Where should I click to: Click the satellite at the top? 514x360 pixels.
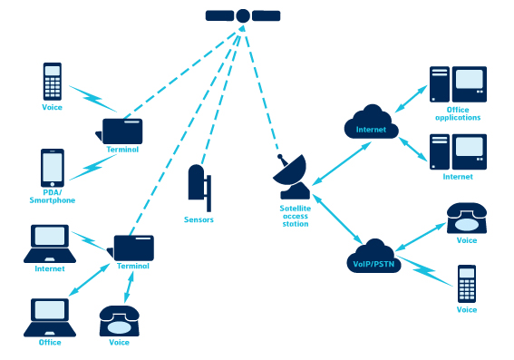243,15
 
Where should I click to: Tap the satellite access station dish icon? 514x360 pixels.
294,176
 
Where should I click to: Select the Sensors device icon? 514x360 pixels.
199,186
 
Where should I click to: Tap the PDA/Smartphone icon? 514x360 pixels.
53,168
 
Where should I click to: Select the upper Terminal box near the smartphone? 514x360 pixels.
122,130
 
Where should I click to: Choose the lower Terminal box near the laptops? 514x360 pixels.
134,247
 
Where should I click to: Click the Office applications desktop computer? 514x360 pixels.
458,84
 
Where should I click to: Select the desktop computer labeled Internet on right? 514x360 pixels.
458,151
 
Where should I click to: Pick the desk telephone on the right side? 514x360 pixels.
467,218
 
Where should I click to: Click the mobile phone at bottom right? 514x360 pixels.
467,284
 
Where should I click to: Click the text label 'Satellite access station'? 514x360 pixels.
295,216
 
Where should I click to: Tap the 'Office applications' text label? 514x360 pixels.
458,113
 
